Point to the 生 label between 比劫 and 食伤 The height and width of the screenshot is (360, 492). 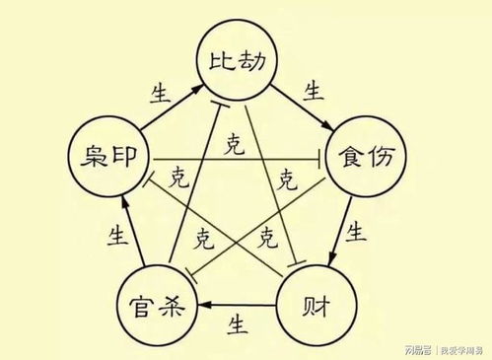click(x=314, y=93)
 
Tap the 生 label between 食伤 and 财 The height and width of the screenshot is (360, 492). click(x=357, y=234)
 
